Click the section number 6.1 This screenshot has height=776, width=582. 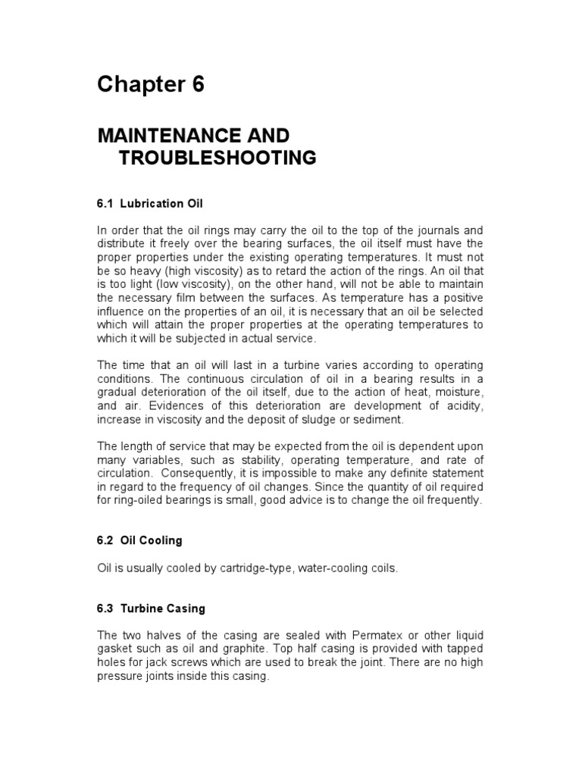tap(105, 204)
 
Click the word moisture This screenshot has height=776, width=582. tap(458, 393)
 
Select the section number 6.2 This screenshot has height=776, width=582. tap(105, 541)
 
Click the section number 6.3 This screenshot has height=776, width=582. tap(105, 609)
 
